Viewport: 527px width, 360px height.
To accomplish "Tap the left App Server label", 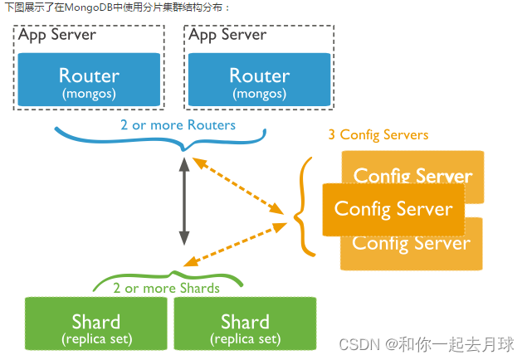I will pyautogui.click(x=57, y=35).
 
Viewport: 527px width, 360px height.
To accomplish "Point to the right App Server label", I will pyautogui.click(x=227, y=35).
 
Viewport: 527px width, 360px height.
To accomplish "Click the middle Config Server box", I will pyautogui.click(x=393, y=207).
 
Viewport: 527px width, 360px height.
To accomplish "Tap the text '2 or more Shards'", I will pyautogui.click(x=166, y=288).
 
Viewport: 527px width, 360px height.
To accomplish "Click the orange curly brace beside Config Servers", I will pyautogui.click(x=303, y=205).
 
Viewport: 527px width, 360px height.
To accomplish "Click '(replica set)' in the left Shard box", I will pyautogui.click(x=96, y=339).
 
